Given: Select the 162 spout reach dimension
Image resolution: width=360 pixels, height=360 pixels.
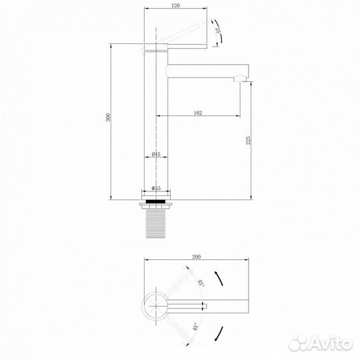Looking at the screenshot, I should [x=198, y=113].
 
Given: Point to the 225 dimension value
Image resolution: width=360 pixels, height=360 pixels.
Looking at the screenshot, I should [x=249, y=140].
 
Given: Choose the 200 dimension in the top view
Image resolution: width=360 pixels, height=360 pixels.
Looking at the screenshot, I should [x=196, y=257].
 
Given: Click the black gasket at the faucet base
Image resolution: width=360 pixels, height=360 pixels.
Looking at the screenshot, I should [x=158, y=199].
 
